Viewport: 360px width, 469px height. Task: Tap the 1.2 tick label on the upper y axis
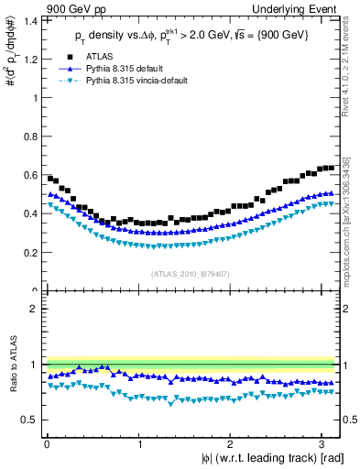(31, 59)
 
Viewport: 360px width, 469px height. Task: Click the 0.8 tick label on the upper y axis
(31, 136)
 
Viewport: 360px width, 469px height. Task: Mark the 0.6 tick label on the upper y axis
(31, 175)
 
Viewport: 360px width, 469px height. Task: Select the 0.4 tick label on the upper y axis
(31, 213)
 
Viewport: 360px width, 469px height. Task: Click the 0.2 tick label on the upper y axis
(31, 253)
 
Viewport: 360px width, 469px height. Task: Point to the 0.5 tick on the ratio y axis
(31, 420)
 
